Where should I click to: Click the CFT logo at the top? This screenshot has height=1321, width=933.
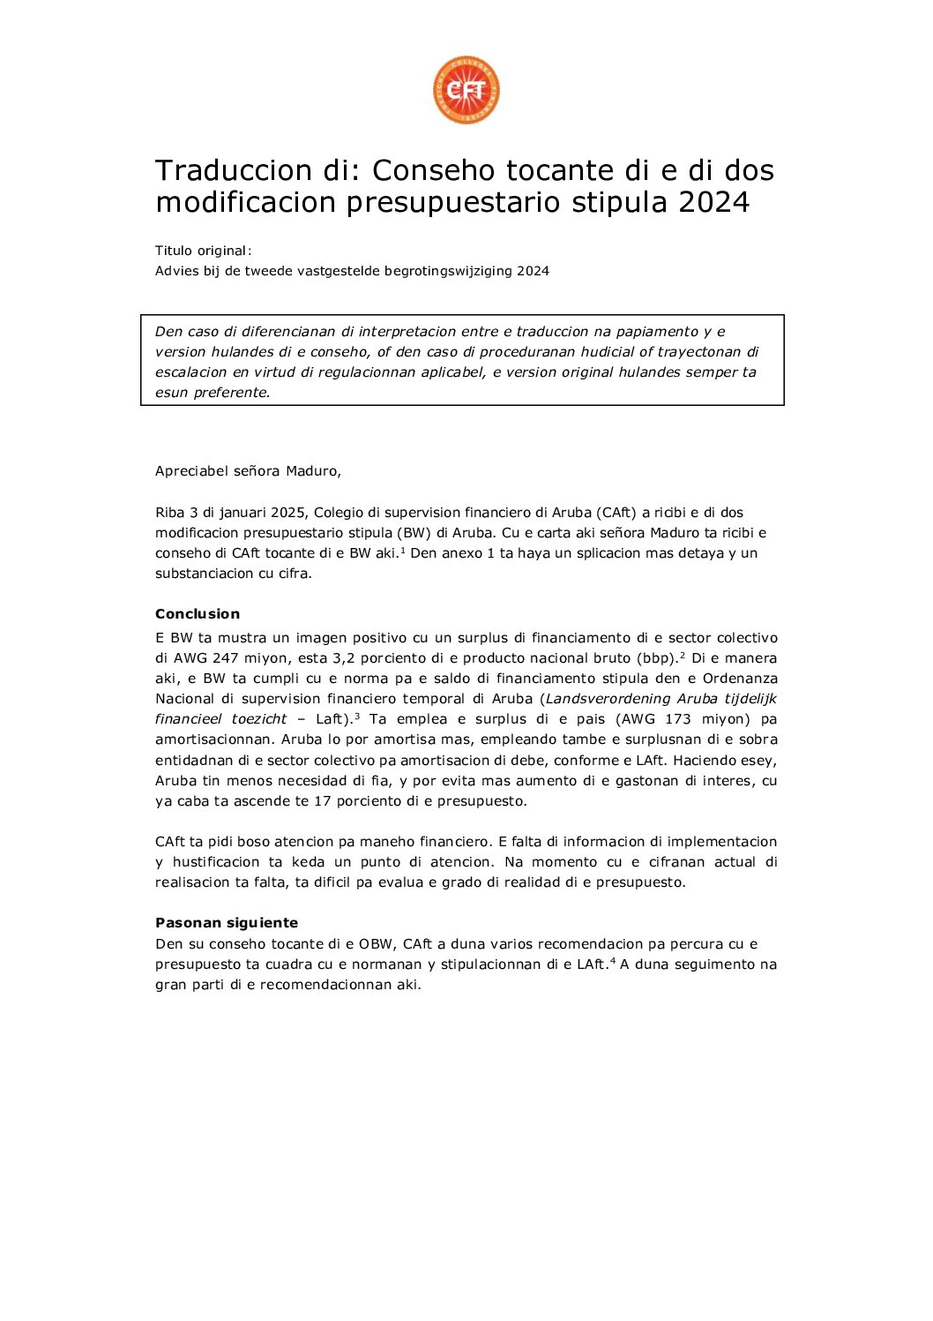point(466,90)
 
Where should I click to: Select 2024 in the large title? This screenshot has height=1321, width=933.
point(713,203)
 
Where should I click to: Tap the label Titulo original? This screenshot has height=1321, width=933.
point(203,251)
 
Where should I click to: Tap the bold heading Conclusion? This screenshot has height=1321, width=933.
point(198,614)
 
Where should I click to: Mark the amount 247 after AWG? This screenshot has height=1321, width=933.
point(226,658)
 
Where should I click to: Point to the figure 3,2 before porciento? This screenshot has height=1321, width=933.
point(342,658)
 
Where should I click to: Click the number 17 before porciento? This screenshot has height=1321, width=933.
point(322,801)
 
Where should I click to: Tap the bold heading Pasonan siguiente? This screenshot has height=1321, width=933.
point(227,923)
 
